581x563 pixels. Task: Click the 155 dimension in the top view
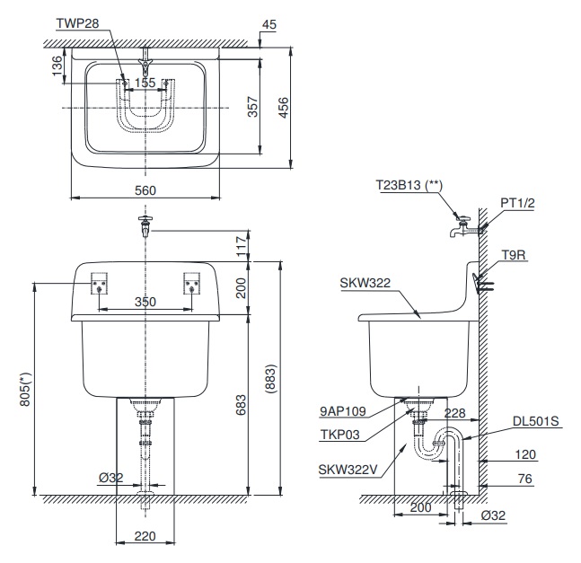(145, 83)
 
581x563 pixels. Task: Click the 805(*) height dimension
(26, 390)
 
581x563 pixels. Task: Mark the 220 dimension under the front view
(145, 536)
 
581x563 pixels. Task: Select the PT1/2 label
(518, 204)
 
